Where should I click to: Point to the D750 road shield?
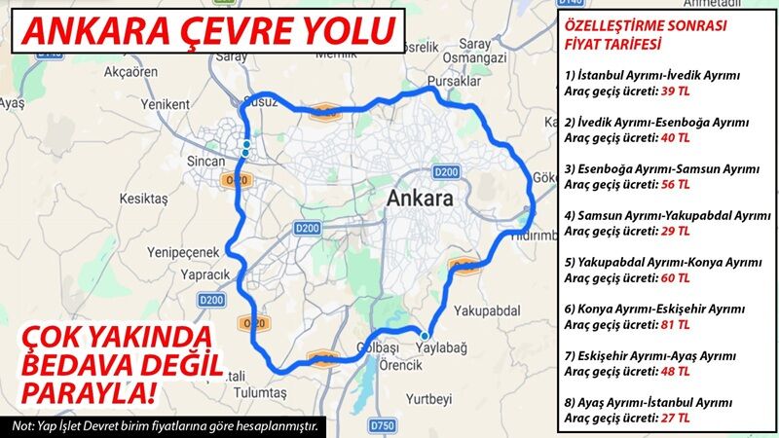click(x=386, y=424)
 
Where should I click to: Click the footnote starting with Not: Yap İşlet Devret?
click(x=166, y=426)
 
